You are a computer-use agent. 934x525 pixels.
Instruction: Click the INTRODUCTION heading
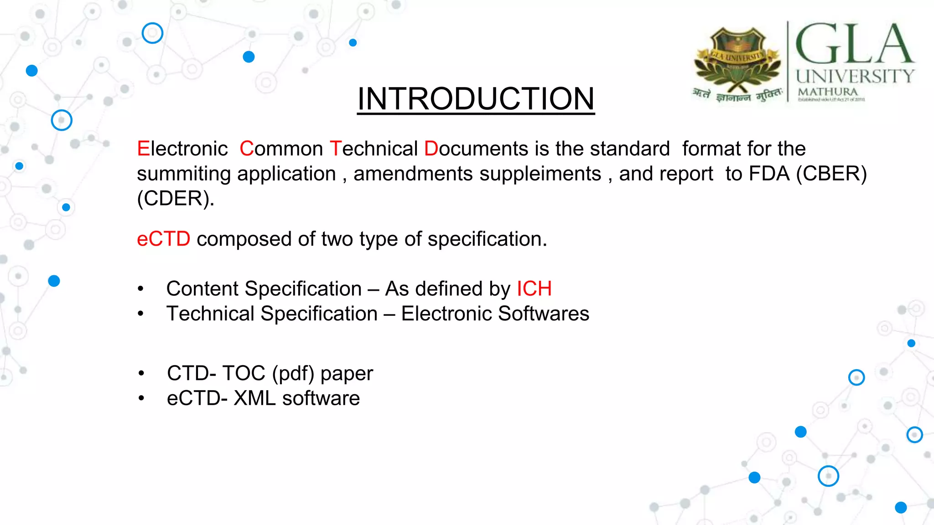click(x=476, y=98)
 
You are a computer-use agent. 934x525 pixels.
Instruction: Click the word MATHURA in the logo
click(x=827, y=92)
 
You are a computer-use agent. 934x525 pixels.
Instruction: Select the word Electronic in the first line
click(x=182, y=149)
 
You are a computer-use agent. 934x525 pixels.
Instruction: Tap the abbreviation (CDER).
click(x=175, y=199)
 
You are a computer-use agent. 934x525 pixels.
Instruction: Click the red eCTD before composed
click(x=163, y=239)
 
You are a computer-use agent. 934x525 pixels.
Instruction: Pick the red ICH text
click(x=534, y=288)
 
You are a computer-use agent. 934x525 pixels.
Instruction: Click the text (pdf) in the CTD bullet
click(x=293, y=374)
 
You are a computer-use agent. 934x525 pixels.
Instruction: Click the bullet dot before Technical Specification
click(x=141, y=314)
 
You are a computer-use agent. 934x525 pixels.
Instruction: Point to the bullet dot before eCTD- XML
click(x=141, y=398)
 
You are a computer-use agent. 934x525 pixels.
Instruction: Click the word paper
click(x=347, y=374)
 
